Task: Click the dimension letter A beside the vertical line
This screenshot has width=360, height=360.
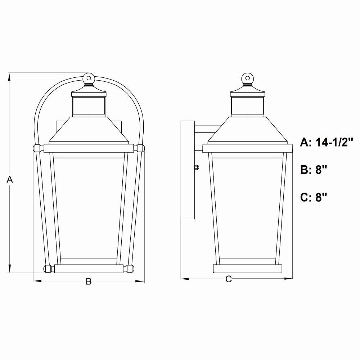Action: [x=10, y=179]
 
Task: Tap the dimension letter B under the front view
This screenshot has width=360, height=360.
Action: [x=89, y=281]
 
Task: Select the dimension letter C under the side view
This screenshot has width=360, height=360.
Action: [x=229, y=279]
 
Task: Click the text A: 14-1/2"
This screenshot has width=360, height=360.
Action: [x=326, y=142]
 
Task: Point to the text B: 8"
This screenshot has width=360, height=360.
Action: [x=314, y=170]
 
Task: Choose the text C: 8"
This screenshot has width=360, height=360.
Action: [x=314, y=197]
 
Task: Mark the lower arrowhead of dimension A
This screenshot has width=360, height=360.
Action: [x=9, y=269]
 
